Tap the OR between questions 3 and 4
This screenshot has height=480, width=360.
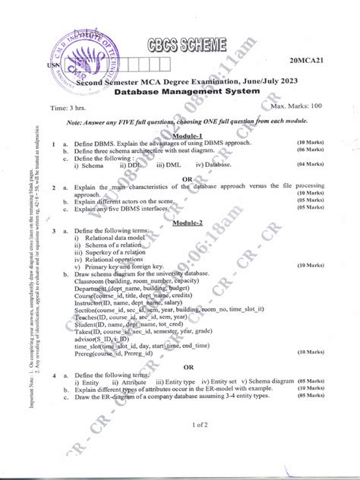pyautogui.click(x=188, y=366)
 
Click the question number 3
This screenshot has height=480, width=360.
pyautogui.click(x=53, y=231)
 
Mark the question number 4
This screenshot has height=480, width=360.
pyautogui.click(x=53, y=375)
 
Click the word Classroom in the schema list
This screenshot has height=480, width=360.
pyautogui.click(x=93, y=281)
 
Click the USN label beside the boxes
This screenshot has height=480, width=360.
pyautogui.click(x=53, y=66)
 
